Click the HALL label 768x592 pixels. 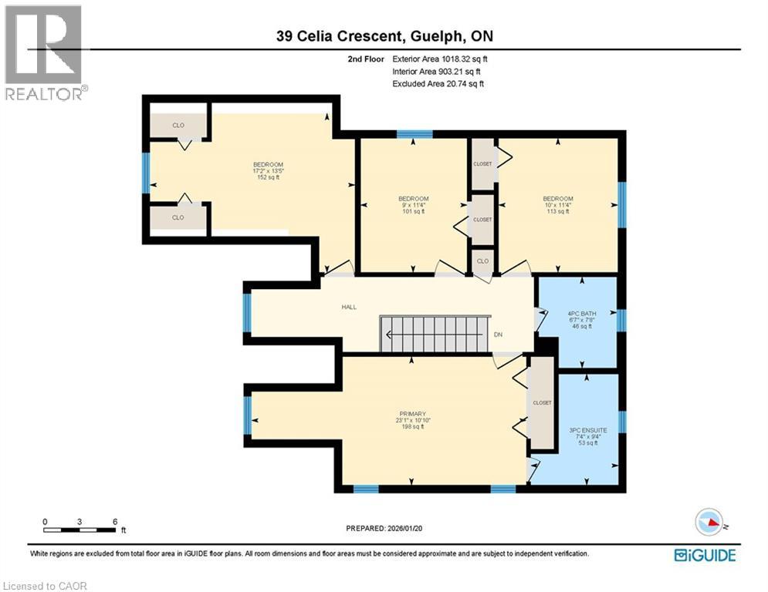(349, 307)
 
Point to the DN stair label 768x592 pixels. (498, 335)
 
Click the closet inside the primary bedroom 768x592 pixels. (542, 403)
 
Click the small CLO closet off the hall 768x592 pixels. (482, 261)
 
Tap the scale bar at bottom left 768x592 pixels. (80, 527)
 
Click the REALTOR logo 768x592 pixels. (46, 52)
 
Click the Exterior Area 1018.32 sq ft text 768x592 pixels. (440, 58)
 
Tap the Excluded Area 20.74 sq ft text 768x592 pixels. (438, 83)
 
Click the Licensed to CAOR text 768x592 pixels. (46, 586)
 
